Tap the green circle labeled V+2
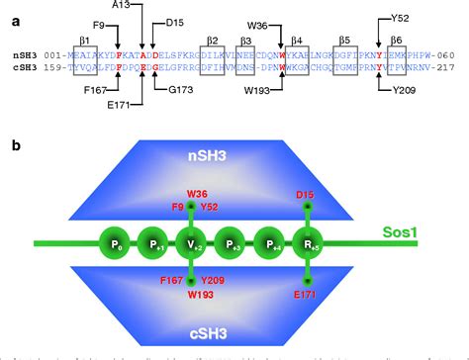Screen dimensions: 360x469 point(191,242)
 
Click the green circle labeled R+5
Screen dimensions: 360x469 point(308,242)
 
